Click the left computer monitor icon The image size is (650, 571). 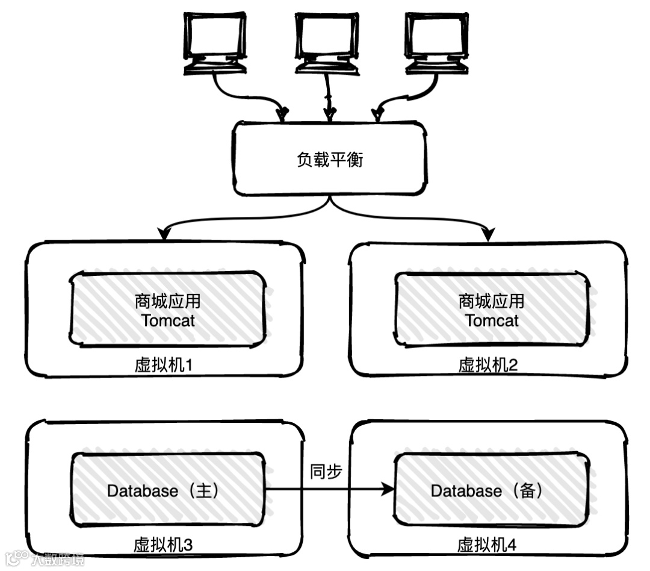(x=215, y=42)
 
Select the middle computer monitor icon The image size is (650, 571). (x=327, y=42)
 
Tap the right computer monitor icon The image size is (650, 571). (x=436, y=42)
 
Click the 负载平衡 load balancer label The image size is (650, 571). (x=330, y=160)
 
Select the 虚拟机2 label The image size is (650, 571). (x=488, y=366)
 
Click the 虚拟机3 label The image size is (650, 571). (x=162, y=546)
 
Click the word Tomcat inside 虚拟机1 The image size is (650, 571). (x=168, y=320)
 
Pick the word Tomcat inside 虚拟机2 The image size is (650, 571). (x=492, y=320)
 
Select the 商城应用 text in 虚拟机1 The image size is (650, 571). (x=168, y=301)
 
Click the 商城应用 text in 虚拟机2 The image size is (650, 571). (x=492, y=301)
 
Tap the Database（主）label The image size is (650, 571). (x=162, y=491)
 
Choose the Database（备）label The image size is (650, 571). (x=487, y=491)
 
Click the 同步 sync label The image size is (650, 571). (x=326, y=471)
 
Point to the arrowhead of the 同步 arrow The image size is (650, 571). (x=387, y=490)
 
